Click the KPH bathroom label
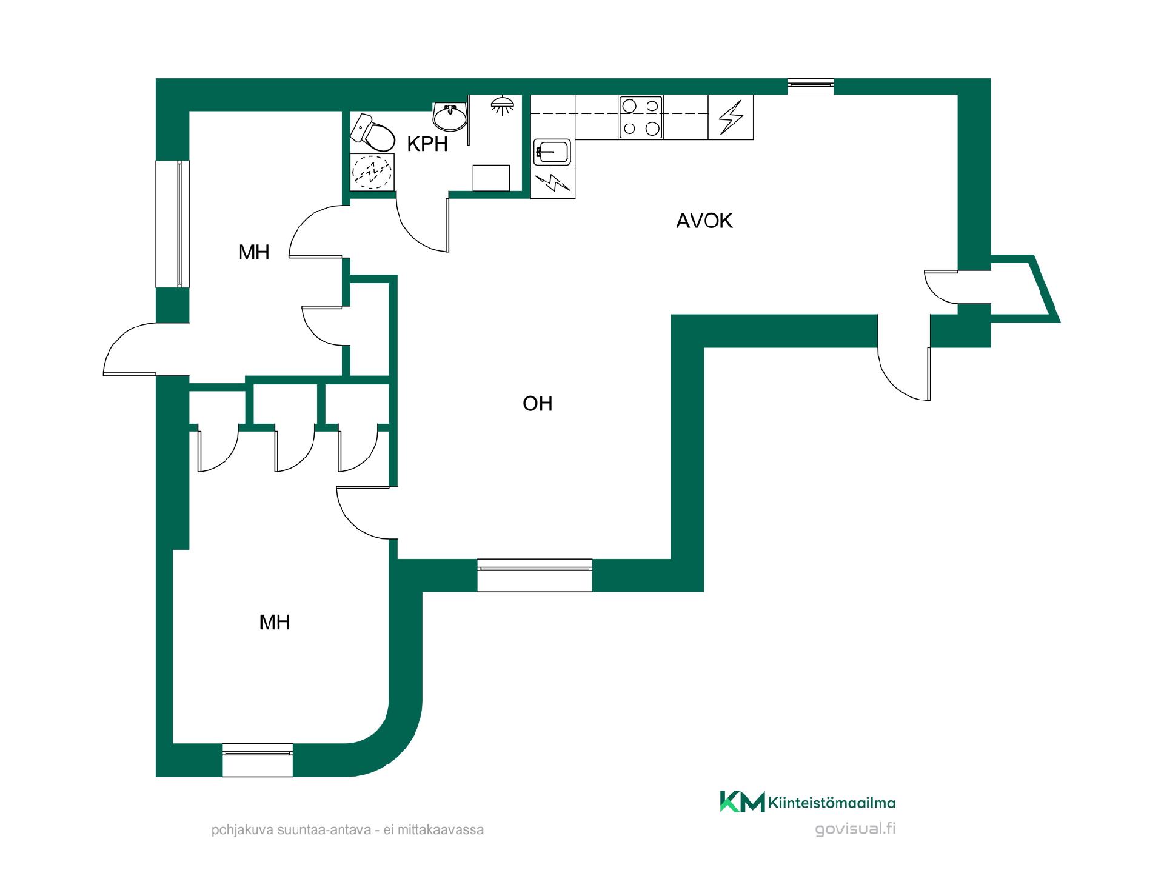[x=427, y=144]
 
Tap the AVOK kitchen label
[x=704, y=221]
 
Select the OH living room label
[x=538, y=404]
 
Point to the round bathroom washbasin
[x=450, y=116]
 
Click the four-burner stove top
[x=641, y=118]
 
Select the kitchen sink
[x=552, y=153]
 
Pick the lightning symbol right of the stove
[x=731, y=118]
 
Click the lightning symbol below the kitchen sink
[x=553, y=182]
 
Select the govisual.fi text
[x=855, y=829]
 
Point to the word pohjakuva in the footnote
[x=239, y=830]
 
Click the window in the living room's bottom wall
[x=535, y=575]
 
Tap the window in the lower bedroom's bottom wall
[x=258, y=760]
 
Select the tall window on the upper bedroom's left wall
[x=173, y=223]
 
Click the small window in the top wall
[x=811, y=87]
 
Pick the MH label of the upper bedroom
[x=254, y=252]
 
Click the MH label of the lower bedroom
[x=275, y=622]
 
